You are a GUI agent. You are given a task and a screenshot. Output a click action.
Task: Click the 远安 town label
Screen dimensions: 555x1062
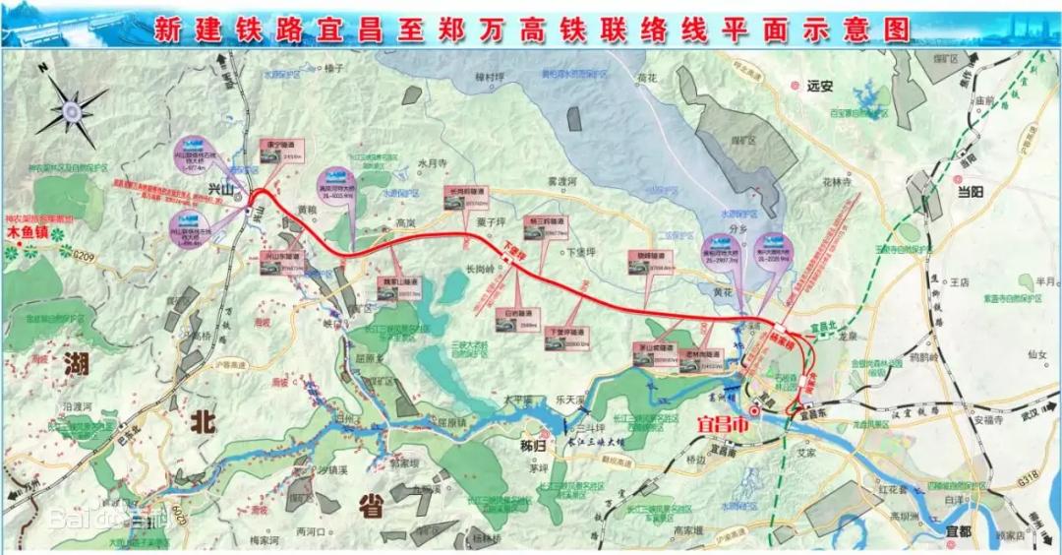pyautogui.click(x=819, y=87)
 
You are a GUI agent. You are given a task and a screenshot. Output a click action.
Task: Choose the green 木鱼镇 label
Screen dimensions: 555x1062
pyautogui.click(x=27, y=234)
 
